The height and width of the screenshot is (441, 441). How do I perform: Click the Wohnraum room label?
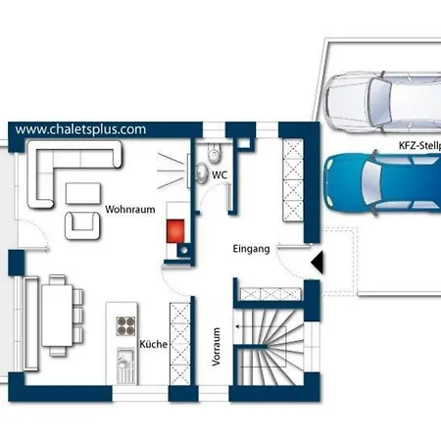click(x=130, y=210)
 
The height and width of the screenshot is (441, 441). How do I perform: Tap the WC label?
click(x=220, y=175)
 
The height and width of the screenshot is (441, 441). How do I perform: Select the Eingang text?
click(x=251, y=249)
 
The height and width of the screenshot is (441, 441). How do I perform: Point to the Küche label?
click(x=153, y=344)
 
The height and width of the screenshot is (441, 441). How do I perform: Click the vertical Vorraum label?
click(x=216, y=347)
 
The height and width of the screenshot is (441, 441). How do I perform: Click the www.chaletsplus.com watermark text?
click(x=80, y=129)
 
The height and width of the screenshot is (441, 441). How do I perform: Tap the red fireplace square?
click(x=175, y=231)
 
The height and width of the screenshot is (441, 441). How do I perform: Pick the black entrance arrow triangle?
click(x=317, y=262)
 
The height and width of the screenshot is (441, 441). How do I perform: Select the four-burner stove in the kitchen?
click(x=125, y=325)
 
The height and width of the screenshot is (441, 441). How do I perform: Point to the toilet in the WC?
click(x=214, y=153)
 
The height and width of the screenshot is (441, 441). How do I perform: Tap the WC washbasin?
click(x=203, y=173)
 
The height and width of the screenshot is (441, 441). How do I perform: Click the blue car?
click(x=382, y=183)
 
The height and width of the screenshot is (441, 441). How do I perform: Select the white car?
click(x=383, y=102)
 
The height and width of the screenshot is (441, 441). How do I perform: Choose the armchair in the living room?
click(x=82, y=225)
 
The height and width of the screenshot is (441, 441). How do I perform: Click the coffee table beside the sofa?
click(x=83, y=193)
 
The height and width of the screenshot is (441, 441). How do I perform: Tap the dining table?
click(x=57, y=316)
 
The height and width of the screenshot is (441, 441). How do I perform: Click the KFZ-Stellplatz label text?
click(x=419, y=145)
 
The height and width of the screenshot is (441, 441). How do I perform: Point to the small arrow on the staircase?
click(x=238, y=326)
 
